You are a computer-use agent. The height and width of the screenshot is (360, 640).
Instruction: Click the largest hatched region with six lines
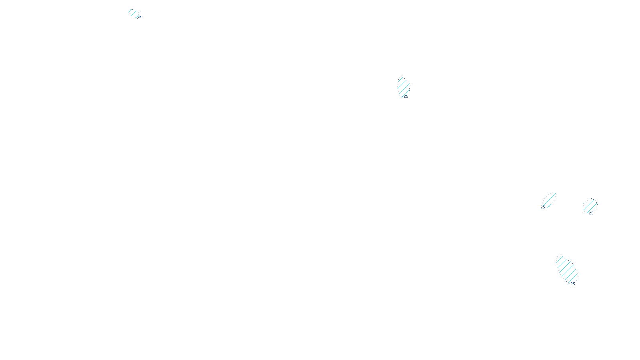pyautogui.click(x=567, y=269)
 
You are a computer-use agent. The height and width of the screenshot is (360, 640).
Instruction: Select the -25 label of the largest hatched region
pyautogui.click(x=572, y=284)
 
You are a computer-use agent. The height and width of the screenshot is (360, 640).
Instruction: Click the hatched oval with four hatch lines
pyautogui.click(x=403, y=86)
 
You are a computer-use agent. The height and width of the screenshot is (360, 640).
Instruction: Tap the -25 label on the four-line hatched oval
pyautogui.click(x=405, y=96)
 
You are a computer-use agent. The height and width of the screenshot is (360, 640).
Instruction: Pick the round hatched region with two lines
pyautogui.click(x=590, y=206)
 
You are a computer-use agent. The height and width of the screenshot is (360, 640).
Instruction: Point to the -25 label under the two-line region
pyautogui.click(x=590, y=213)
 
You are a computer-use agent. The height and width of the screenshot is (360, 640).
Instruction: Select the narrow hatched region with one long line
pyautogui.click(x=550, y=199)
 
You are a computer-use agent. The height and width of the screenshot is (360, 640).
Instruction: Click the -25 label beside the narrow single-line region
pyautogui.click(x=542, y=207)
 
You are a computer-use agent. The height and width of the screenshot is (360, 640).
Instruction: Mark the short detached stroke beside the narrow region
pyautogui.click(x=549, y=206)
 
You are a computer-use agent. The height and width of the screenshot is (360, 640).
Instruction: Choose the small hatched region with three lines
pyautogui.click(x=133, y=13)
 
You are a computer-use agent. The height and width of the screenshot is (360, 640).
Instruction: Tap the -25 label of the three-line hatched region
pyautogui.click(x=138, y=18)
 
